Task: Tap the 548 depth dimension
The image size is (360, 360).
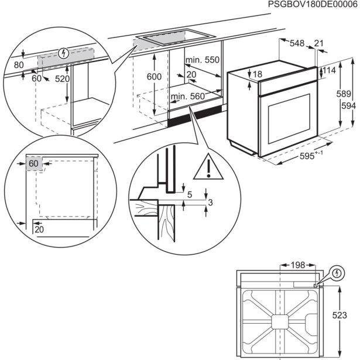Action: pyautogui.click(x=297, y=43)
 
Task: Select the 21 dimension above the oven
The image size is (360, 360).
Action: pyautogui.click(x=318, y=43)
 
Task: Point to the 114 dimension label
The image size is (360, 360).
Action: pyautogui.click(x=330, y=71)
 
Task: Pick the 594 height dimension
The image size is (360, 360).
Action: pyautogui.click(x=348, y=105)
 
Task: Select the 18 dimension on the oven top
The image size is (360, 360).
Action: pyautogui.click(x=258, y=74)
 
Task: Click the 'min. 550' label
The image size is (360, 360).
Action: pyautogui.click(x=202, y=60)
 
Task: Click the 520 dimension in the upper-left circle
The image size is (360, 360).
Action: pyautogui.click(x=63, y=79)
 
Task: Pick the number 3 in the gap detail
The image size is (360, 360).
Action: pyautogui.click(x=210, y=202)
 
